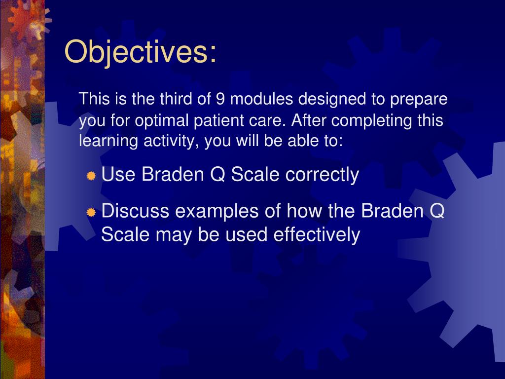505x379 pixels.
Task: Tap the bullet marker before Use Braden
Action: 91,176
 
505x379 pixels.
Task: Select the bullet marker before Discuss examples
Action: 91,213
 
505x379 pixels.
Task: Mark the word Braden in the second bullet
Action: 392,212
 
